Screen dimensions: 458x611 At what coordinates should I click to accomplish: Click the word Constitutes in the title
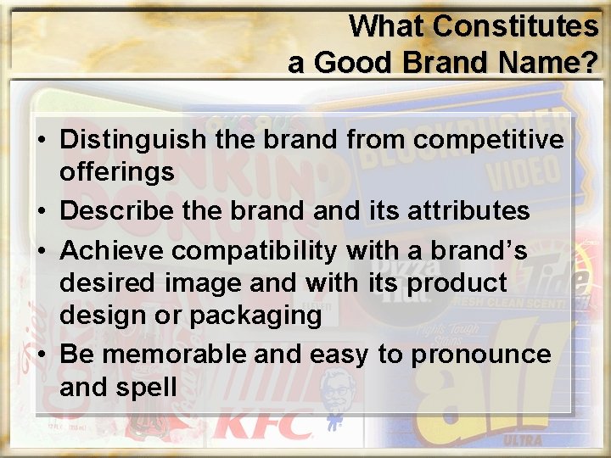[x=515, y=26]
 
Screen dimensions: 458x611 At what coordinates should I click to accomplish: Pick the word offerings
[x=117, y=172]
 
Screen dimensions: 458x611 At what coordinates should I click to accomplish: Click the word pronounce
[x=478, y=355]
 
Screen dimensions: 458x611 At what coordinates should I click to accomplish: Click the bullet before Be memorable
[x=42, y=355]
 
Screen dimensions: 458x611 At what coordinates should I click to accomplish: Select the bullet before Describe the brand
[x=42, y=209]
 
